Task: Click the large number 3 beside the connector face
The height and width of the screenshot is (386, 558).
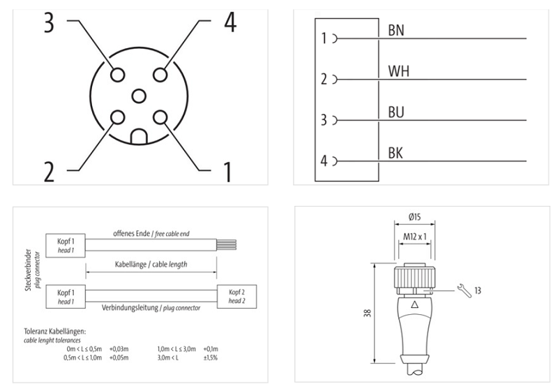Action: click(x=48, y=22)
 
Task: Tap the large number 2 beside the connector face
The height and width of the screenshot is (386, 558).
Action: click(x=48, y=171)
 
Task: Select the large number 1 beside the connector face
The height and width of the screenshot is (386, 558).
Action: click(x=227, y=171)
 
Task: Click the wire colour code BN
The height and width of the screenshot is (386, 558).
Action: click(x=396, y=31)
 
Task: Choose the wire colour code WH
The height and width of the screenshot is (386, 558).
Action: click(x=397, y=71)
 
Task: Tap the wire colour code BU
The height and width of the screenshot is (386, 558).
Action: click(x=395, y=112)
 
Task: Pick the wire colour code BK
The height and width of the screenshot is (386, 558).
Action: click(x=395, y=152)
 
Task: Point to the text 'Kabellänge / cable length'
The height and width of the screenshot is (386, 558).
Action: click(x=151, y=265)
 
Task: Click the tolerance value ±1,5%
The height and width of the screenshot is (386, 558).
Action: click(x=211, y=357)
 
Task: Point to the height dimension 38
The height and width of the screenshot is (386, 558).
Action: click(x=367, y=313)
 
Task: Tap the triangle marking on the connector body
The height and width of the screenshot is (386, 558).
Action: click(x=416, y=304)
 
